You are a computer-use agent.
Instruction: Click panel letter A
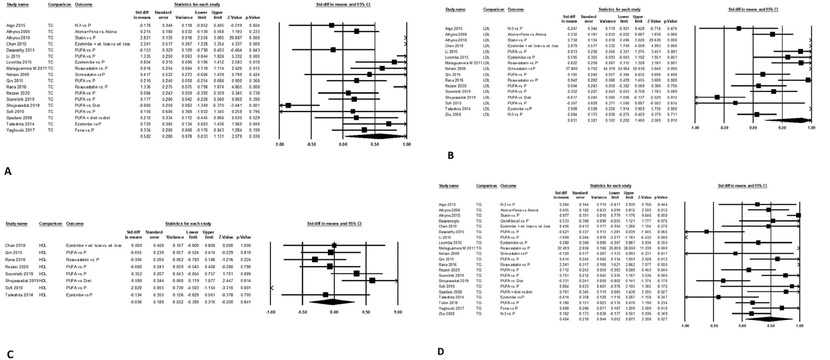coord(8,171)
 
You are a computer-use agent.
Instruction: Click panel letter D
coord(441,351)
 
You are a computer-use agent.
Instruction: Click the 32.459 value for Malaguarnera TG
coord(562,248)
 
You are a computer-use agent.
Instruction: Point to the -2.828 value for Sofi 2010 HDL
coord(135,288)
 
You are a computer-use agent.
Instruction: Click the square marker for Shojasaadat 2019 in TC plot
coord(288,105)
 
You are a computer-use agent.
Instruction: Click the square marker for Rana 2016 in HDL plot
coord(315,260)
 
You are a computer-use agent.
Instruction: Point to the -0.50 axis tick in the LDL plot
coord(724,127)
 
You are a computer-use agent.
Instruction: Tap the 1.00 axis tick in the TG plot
coord(799,326)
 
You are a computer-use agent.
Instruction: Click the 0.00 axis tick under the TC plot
coord(343,144)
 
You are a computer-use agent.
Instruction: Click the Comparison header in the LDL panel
coord(493,9)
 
